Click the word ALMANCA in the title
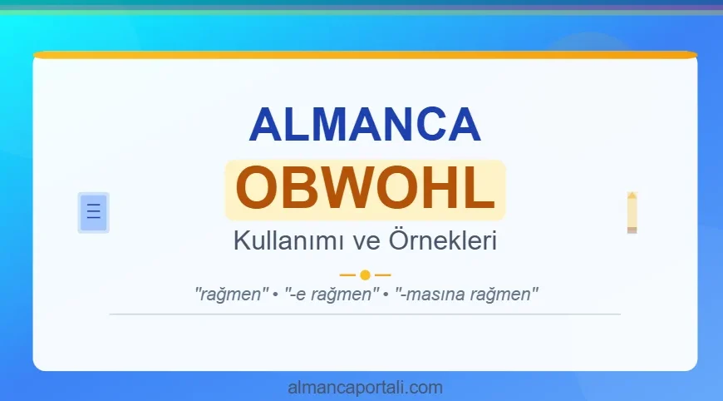click(x=365, y=124)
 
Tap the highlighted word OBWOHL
click(x=365, y=190)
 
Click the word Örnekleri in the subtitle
click(x=442, y=242)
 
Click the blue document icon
click(x=93, y=212)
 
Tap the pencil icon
click(x=632, y=212)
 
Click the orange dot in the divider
click(x=365, y=275)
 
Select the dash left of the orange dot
click(x=347, y=275)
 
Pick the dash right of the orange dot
click(x=382, y=275)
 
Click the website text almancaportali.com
click(x=365, y=387)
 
